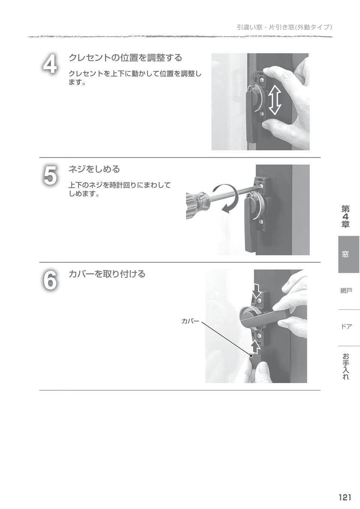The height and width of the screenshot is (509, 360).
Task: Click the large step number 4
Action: pyautogui.click(x=50, y=64)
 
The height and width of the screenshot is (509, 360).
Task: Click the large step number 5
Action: pyautogui.click(x=50, y=175)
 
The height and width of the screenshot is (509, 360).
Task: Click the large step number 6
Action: pyautogui.click(x=50, y=280)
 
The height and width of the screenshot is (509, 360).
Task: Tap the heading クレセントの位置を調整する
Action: pyautogui.click(x=125, y=58)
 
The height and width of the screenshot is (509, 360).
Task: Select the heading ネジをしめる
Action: pyautogui.click(x=94, y=169)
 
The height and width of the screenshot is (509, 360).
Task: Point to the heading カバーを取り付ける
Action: pyautogui.click(x=106, y=274)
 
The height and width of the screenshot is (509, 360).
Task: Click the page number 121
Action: pyautogui.click(x=345, y=497)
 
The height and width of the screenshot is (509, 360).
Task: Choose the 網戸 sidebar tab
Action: pyautogui.click(x=346, y=290)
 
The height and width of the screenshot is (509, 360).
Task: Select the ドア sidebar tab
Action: pyautogui.click(x=346, y=326)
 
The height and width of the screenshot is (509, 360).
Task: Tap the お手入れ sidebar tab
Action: pyautogui.click(x=346, y=366)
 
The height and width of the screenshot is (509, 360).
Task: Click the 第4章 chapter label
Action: pyautogui.click(x=345, y=217)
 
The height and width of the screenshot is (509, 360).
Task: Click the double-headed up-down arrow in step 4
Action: pyautogui.click(x=275, y=99)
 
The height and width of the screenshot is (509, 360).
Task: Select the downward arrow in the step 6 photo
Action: pyautogui.click(x=257, y=290)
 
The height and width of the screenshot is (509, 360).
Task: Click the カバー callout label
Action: pyautogui.click(x=190, y=321)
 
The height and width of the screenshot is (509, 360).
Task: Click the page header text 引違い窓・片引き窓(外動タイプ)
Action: pyautogui.click(x=284, y=27)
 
